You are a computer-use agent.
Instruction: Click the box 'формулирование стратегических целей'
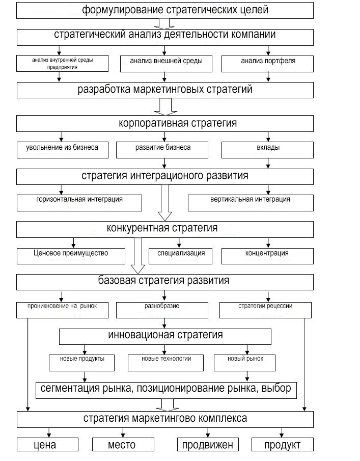coord(165,10)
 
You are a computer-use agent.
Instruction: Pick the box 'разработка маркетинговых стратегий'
coord(165,90)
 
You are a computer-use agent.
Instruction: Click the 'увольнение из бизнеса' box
coord(62,148)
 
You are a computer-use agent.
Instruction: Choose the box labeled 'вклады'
coord(267,148)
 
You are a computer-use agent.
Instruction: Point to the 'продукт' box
coord(282,445)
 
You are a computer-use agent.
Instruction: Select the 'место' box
coord(122,445)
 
